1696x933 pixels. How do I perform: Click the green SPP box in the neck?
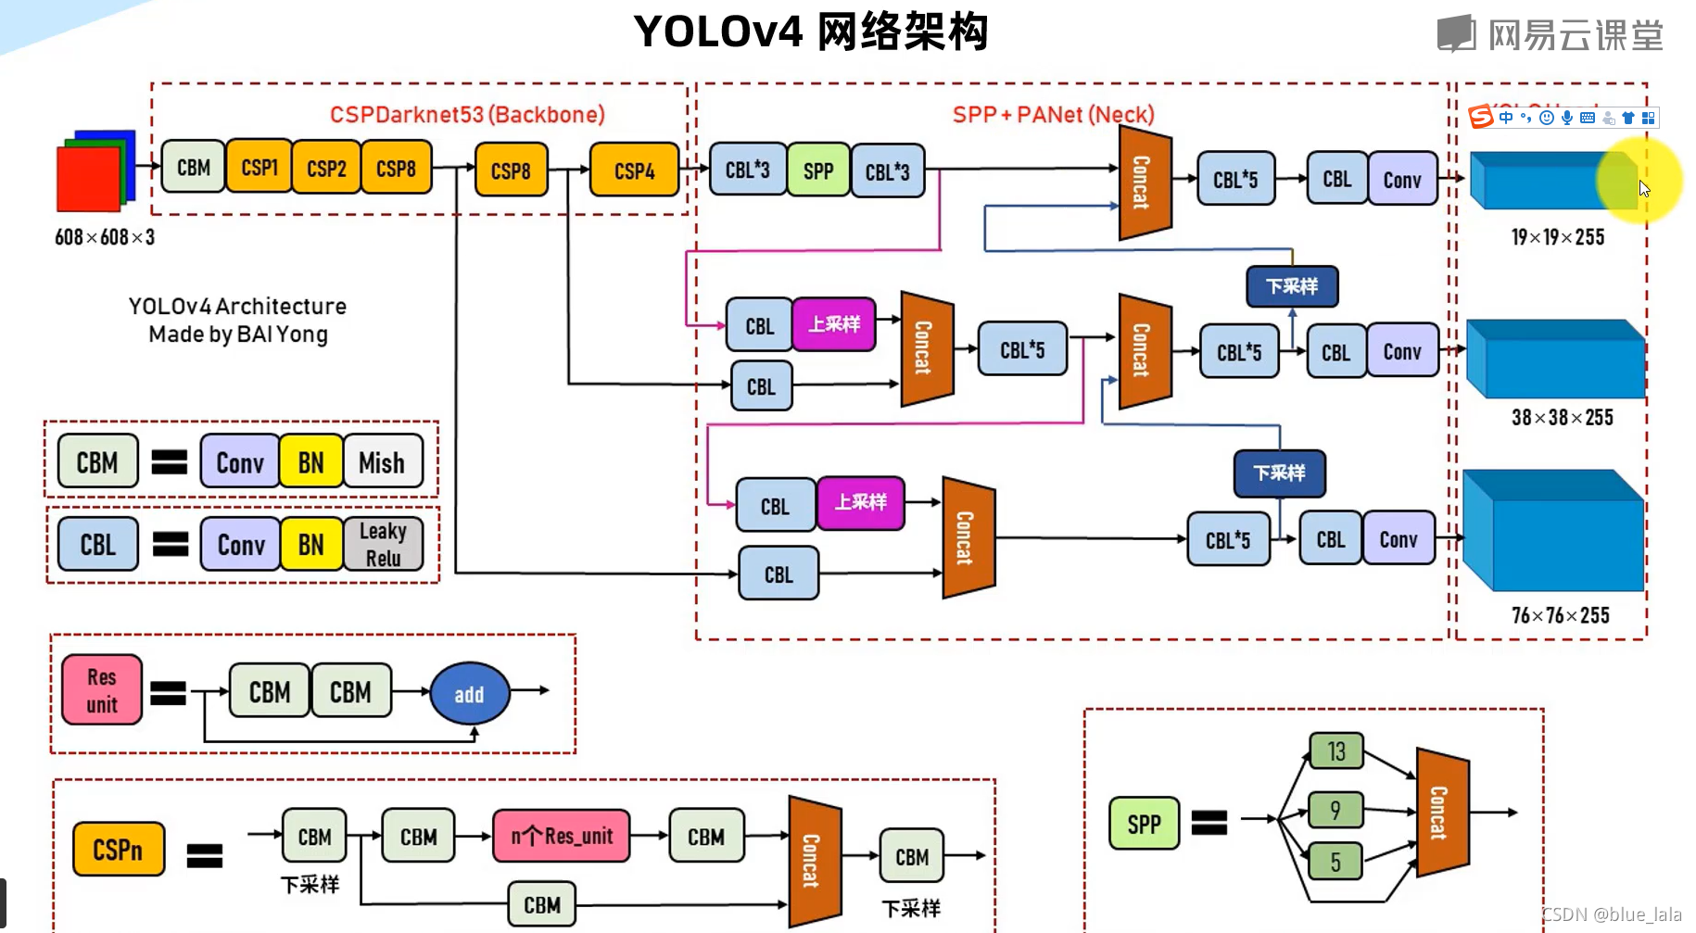pyautogui.click(x=817, y=170)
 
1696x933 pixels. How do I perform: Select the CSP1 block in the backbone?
pyautogui.click(x=259, y=168)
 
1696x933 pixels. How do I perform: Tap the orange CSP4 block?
pyautogui.click(x=634, y=170)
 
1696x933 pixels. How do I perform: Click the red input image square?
pyautogui.click(x=88, y=180)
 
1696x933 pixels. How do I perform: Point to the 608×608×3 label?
pyautogui.click(x=105, y=237)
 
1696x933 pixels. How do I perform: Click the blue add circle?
pyautogui.click(x=470, y=694)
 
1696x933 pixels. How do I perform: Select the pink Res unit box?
pyautogui.click(x=102, y=690)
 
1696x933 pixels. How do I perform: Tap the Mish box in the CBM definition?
pyautogui.click(x=382, y=462)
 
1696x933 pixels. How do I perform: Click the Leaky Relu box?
pyautogui.click(x=383, y=544)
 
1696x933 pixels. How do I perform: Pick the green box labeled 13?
pyautogui.click(x=1335, y=751)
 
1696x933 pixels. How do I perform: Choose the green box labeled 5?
pyautogui.click(x=1335, y=863)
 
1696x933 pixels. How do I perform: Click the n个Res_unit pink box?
pyautogui.click(x=562, y=836)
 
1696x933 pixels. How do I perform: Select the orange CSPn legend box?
pyautogui.click(x=119, y=850)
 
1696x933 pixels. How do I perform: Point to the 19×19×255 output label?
pyautogui.click(x=1557, y=237)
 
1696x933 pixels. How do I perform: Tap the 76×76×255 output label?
pyautogui.click(x=1560, y=615)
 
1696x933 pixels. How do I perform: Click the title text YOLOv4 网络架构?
pyautogui.click(x=811, y=32)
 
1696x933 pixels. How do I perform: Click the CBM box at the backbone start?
pyautogui.click(x=193, y=168)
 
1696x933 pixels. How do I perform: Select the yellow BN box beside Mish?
pyautogui.click(x=310, y=462)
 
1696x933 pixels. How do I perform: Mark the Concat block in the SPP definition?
pyautogui.click(x=1441, y=813)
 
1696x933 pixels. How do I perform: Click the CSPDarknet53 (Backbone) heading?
pyautogui.click(x=467, y=115)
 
